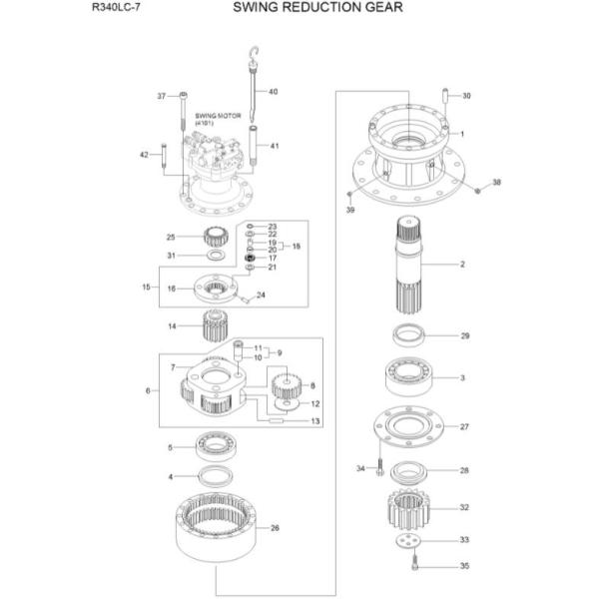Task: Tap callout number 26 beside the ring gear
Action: click(x=275, y=528)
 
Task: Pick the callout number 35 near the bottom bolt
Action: click(x=463, y=565)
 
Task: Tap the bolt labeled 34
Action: click(x=380, y=468)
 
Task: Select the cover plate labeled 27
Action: click(x=409, y=427)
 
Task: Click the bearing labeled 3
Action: click(x=408, y=379)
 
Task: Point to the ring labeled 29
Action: click(x=408, y=335)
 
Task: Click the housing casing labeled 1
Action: click(x=409, y=150)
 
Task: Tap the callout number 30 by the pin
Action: click(x=465, y=96)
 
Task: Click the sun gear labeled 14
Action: click(x=217, y=326)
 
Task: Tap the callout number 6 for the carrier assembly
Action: click(x=149, y=390)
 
